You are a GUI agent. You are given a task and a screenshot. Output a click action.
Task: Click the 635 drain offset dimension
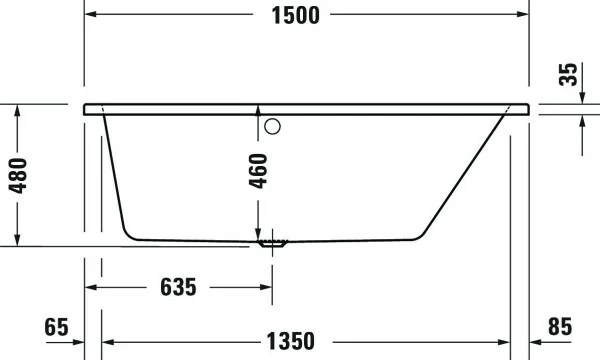178,287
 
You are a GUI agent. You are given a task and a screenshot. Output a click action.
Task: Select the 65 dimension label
56,327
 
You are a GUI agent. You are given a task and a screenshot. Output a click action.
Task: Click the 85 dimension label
560,327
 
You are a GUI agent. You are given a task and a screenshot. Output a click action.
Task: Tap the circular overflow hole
274,127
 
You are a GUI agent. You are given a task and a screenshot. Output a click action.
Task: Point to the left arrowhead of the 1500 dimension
90,15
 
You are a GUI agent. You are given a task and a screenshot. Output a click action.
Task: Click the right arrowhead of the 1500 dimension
521,15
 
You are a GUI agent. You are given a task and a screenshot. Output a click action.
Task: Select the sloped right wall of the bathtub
465,176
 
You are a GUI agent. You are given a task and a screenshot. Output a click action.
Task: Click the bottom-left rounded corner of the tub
129,233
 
